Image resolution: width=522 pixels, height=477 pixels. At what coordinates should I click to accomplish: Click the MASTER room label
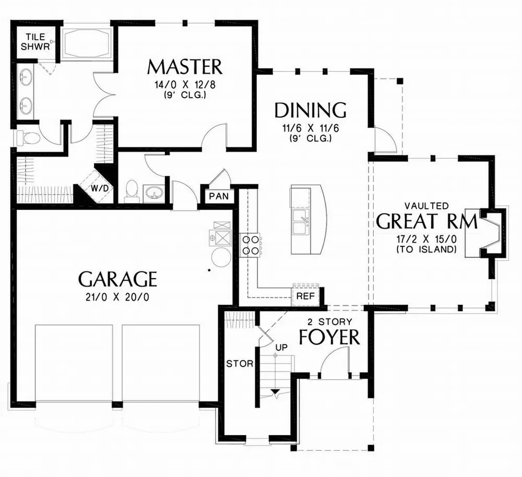185,67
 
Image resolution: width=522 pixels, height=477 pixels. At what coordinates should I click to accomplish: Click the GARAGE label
117,279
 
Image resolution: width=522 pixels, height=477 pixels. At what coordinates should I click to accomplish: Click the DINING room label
311,110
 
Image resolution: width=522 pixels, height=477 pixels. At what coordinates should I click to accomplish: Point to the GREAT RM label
426,221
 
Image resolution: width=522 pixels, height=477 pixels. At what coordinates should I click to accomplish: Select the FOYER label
329,337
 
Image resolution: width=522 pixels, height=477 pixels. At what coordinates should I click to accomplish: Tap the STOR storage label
240,363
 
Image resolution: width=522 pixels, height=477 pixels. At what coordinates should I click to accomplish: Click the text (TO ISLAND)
434,250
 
